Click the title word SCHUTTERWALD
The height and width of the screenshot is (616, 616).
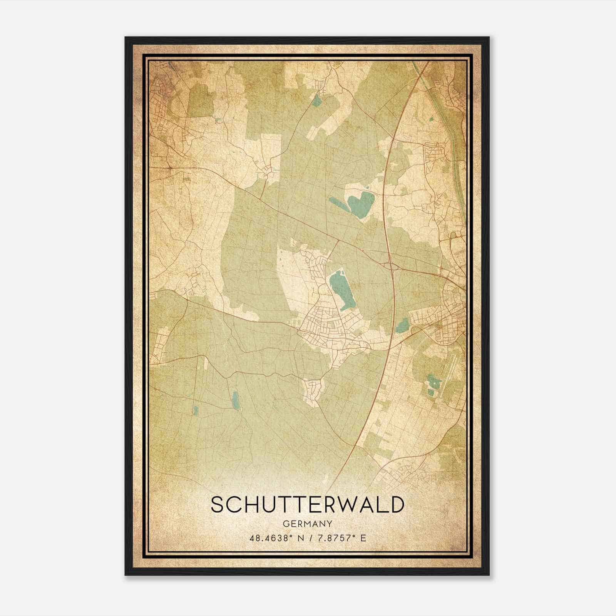point(308,505)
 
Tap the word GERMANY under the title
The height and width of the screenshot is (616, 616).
point(308,524)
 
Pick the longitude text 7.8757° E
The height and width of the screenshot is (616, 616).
point(340,538)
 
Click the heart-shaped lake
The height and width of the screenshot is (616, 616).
point(361,204)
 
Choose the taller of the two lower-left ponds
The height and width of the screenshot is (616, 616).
point(235,400)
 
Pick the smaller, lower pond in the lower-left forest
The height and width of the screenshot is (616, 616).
point(196,411)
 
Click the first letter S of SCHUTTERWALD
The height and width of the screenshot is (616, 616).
point(218,505)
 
